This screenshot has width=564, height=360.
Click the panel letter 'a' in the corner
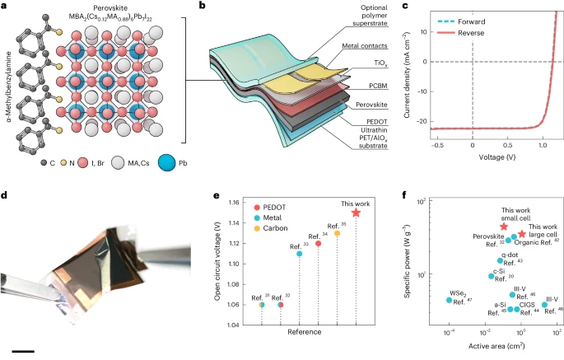point(5,7)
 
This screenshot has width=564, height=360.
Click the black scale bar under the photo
point(23,350)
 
